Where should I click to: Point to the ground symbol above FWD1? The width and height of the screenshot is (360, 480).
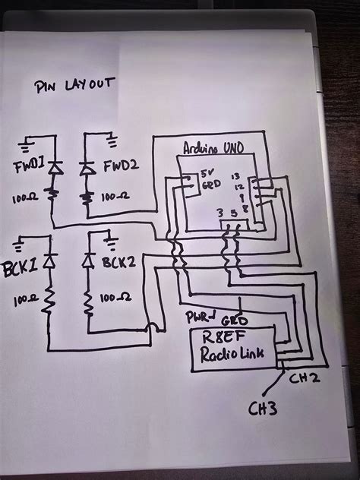(x=28, y=141)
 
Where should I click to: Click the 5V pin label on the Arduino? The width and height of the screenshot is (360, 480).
(x=210, y=175)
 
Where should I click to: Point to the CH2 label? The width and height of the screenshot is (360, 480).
(x=295, y=376)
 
